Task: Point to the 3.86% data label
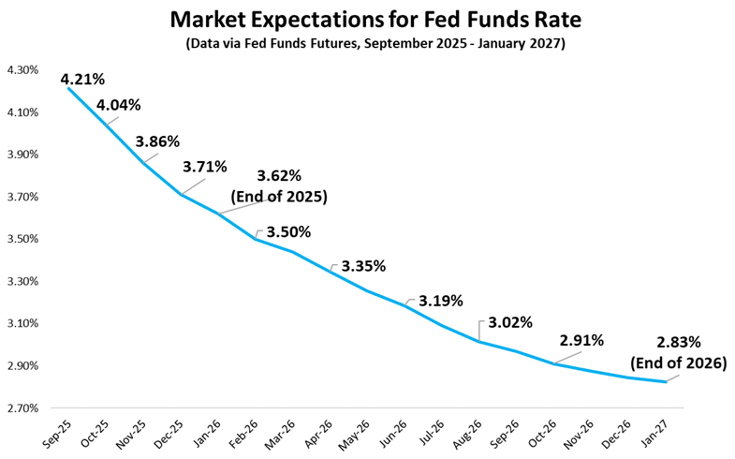pyautogui.click(x=156, y=141)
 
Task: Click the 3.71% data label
pyautogui.click(x=205, y=167)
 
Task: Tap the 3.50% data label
pyautogui.click(x=288, y=231)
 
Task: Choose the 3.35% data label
pyautogui.click(x=363, y=266)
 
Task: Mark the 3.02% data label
pyautogui.click(x=510, y=322)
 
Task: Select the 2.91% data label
pyautogui.click(x=581, y=340)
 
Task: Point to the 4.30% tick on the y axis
pyautogui.click(x=22, y=70)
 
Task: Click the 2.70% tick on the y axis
pyautogui.click(x=22, y=408)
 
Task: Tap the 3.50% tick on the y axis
pyautogui.click(x=22, y=239)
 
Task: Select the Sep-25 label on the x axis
pyautogui.click(x=56, y=432)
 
